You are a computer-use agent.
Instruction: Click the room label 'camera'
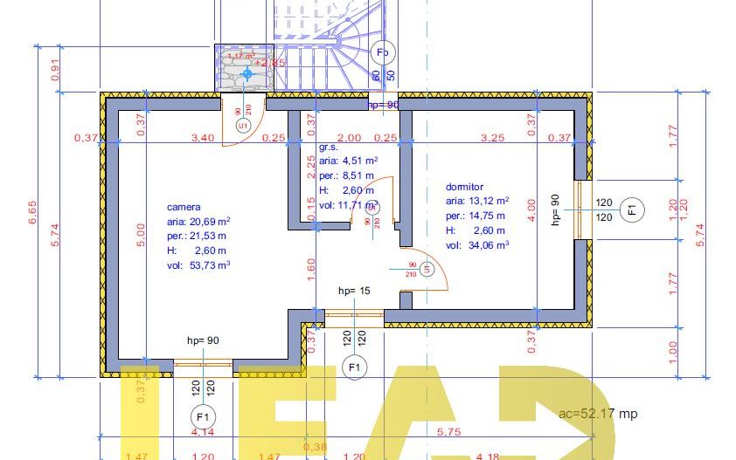[184, 208]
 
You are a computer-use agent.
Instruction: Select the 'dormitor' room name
[465, 187]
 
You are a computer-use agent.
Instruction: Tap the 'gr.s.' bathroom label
[328, 148]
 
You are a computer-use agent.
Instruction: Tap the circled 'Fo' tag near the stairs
[382, 52]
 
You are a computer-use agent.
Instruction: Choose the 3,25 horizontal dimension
[492, 138]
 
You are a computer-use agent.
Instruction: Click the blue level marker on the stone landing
[246, 75]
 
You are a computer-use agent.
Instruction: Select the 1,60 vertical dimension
[311, 266]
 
